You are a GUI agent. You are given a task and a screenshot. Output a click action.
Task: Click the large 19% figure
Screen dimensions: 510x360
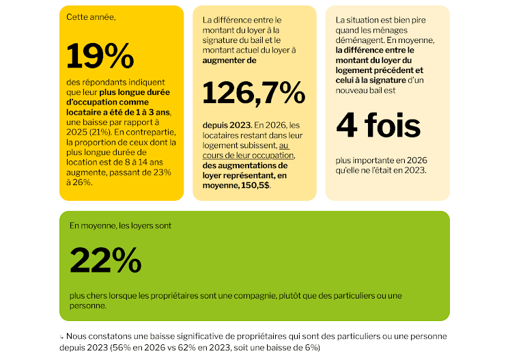point(100,55)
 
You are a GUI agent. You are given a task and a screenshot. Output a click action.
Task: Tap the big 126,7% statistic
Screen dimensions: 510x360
point(254,94)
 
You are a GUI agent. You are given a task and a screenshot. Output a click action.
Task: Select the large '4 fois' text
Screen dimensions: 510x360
point(378,125)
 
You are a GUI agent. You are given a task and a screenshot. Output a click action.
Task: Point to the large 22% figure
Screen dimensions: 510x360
point(105,260)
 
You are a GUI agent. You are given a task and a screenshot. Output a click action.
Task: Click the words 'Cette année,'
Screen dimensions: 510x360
point(91,17)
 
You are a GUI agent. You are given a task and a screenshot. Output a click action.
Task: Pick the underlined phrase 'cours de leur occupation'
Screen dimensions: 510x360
point(248,155)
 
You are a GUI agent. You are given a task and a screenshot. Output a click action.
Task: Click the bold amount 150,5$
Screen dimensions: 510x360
point(255,185)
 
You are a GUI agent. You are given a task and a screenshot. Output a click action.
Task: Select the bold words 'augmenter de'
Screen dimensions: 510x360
point(229,60)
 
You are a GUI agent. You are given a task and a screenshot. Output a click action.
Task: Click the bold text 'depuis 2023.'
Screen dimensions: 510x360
point(227,125)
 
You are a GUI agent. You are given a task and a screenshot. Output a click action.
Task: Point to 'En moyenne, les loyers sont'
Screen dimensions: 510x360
point(120,225)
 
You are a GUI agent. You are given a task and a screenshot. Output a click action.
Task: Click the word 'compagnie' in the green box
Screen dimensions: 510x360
point(255,296)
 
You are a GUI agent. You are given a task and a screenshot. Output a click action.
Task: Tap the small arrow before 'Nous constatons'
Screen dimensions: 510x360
point(61,337)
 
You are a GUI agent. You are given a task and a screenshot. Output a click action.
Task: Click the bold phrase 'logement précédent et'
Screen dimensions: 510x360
point(379,70)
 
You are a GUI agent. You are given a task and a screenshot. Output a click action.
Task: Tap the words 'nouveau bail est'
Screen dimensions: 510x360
point(365,90)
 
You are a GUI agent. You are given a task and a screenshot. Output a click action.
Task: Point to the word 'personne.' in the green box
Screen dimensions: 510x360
point(88,305)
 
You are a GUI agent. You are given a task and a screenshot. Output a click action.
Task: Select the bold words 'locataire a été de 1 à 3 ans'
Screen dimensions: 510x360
point(118,112)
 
